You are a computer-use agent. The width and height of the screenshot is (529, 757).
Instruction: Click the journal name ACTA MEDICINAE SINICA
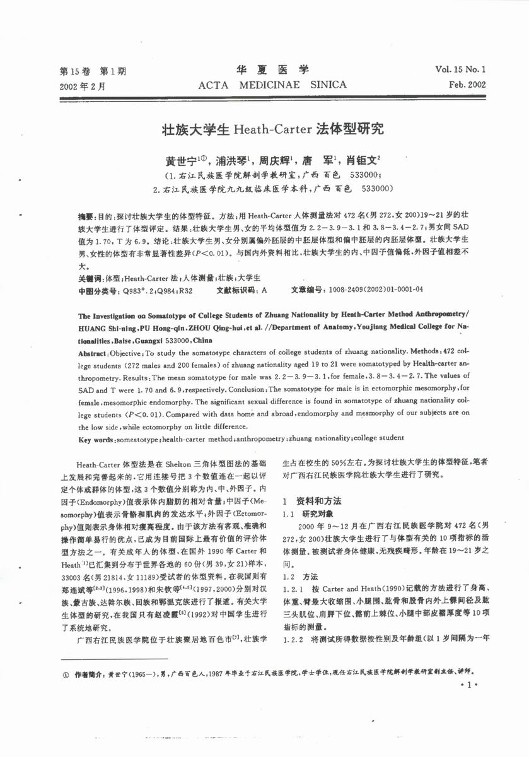tap(272, 84)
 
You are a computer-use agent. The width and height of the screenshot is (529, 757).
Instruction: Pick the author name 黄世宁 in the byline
tap(180, 161)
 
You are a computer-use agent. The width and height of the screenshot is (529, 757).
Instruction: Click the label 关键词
tap(90, 278)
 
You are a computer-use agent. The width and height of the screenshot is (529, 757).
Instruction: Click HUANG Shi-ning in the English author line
tap(105, 328)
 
